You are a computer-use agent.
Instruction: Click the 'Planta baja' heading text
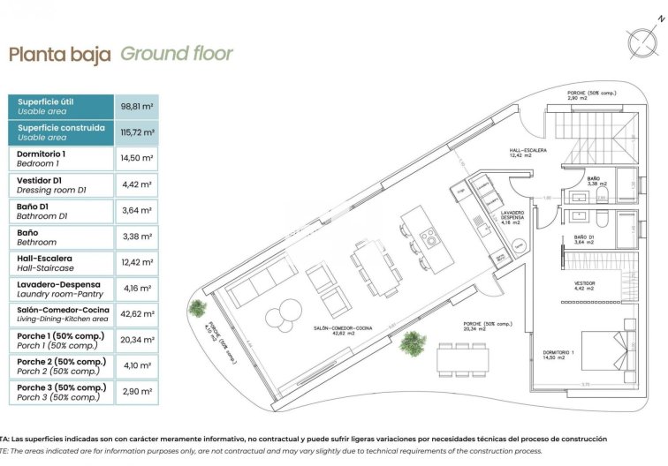click(59, 55)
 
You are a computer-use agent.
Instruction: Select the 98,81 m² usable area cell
click(136, 107)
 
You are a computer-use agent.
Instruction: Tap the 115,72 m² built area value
click(136, 132)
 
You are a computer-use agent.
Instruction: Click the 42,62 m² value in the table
click(136, 313)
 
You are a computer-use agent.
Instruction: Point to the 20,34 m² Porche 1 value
click(136, 340)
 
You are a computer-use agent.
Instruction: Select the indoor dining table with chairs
click(371, 262)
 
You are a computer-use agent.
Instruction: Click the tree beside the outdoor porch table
click(412, 342)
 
